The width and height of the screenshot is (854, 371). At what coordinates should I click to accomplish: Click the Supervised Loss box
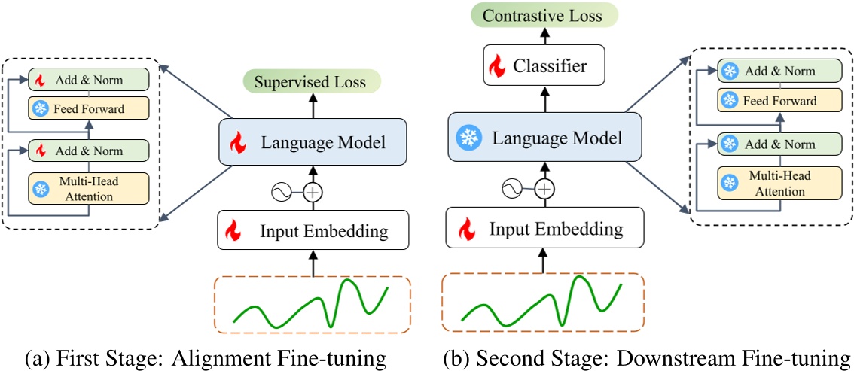click(313, 81)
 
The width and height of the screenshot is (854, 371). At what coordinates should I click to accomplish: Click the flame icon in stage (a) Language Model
click(238, 141)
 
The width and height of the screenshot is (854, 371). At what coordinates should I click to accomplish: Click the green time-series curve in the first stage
click(311, 304)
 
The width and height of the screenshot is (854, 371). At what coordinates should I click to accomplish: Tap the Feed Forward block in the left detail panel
click(89, 109)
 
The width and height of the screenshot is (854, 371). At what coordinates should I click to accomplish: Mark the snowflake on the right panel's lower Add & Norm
click(728, 142)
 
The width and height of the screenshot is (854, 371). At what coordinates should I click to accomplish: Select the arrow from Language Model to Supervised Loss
click(313, 105)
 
